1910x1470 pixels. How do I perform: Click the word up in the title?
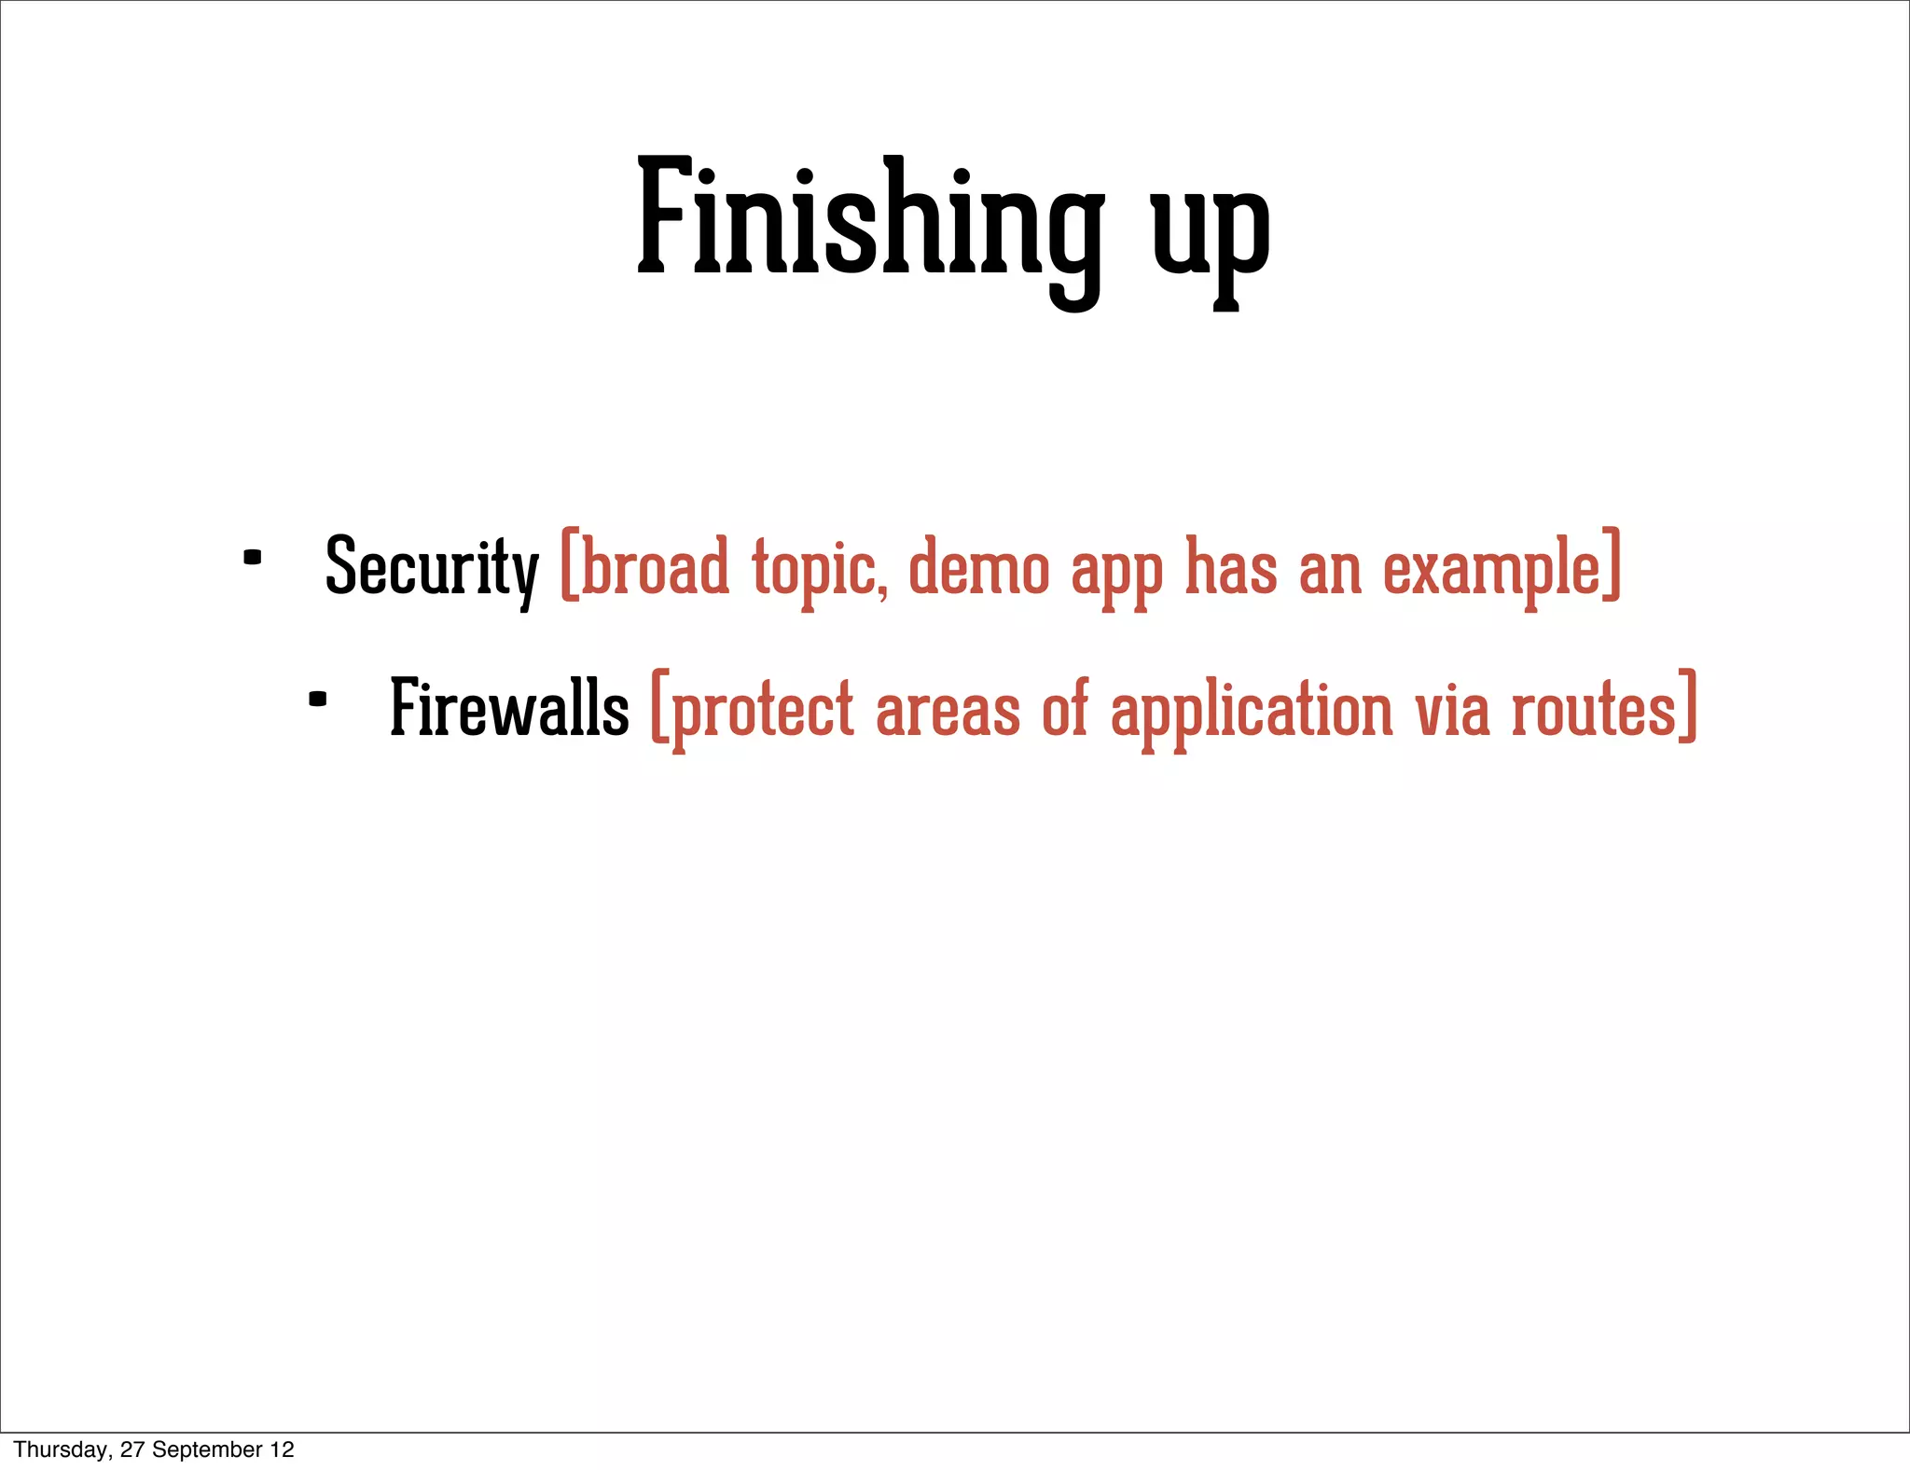1210,233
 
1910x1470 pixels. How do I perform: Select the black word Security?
431,567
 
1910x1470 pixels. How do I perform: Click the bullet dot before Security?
252,558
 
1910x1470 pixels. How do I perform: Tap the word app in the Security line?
1116,573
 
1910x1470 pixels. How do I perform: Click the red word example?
1490,569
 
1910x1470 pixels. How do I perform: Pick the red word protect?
761,711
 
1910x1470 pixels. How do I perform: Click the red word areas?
948,711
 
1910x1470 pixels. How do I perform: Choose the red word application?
1252,711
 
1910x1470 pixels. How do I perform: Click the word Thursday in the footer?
61,1449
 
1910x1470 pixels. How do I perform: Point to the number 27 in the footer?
131,1449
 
